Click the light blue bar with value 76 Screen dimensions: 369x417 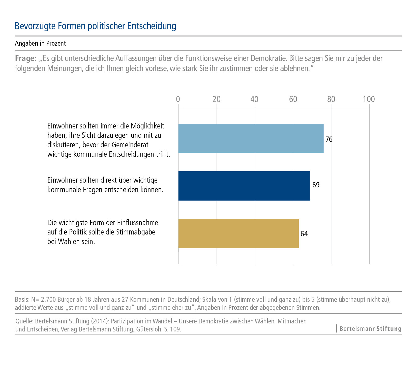(x=251, y=138)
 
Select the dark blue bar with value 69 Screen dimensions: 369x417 (x=244, y=186)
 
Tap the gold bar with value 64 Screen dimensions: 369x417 (x=239, y=233)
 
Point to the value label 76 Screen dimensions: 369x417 (x=329, y=139)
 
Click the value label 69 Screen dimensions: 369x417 (x=316, y=185)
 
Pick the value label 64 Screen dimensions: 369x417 (x=304, y=234)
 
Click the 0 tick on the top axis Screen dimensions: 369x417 (x=178, y=99)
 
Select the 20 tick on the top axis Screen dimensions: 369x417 (x=216, y=99)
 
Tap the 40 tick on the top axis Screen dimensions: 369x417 (x=254, y=99)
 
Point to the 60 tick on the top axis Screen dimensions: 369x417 (x=293, y=99)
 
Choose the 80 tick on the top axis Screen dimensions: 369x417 (x=331, y=99)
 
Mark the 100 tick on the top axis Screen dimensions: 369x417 (x=369, y=99)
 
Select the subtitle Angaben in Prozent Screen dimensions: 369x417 (x=40, y=43)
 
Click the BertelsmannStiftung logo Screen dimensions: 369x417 (x=370, y=329)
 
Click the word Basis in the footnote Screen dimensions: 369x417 (x=22, y=299)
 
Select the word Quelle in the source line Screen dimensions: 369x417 (x=24, y=321)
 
